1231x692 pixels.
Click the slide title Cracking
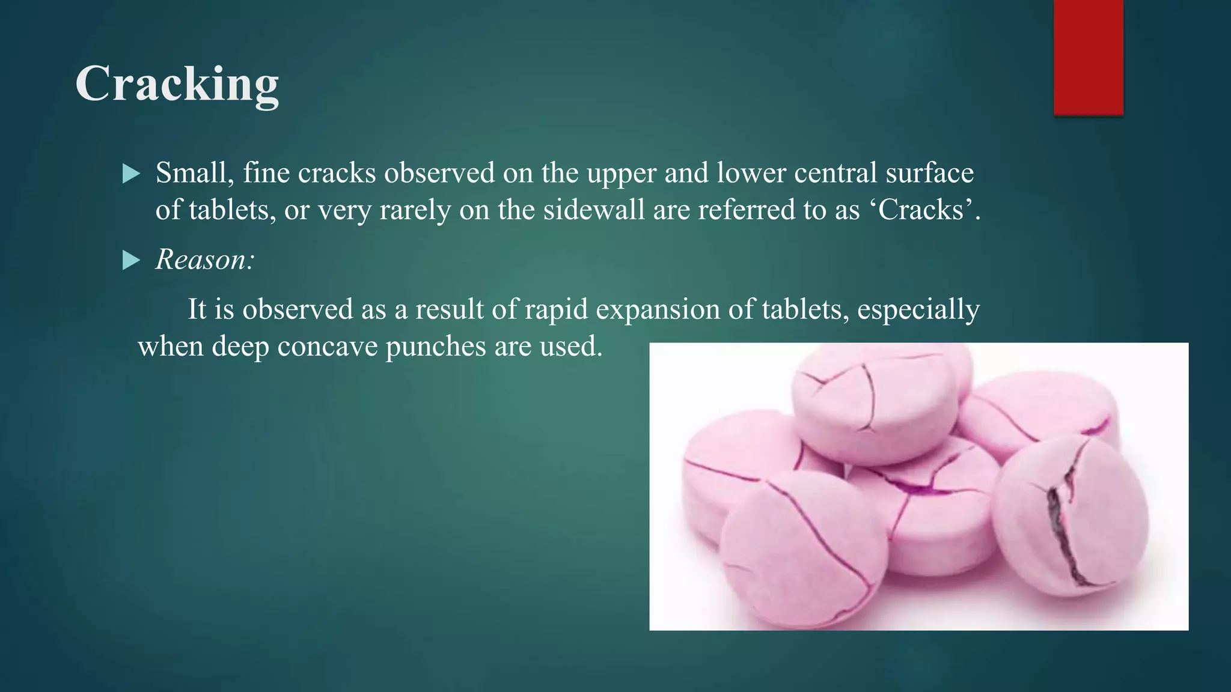pos(177,84)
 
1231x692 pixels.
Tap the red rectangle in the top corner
pos(1088,56)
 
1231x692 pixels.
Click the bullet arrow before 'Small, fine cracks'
pos(130,174)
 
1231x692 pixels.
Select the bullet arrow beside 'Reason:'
pos(130,260)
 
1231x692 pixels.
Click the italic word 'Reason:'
pos(205,259)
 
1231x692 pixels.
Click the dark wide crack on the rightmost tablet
pos(1064,529)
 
